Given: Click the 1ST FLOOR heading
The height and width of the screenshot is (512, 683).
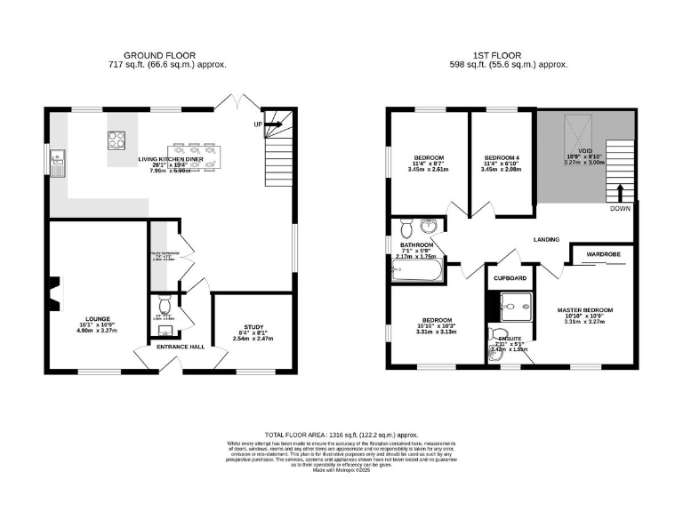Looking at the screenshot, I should pyautogui.click(x=510, y=55).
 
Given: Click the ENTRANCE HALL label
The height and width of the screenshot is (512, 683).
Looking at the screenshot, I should pyautogui.click(x=181, y=347).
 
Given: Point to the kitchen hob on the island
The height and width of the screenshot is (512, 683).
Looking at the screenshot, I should pyautogui.click(x=117, y=140).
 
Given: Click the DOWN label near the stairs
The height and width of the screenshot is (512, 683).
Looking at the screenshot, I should pyautogui.click(x=621, y=208).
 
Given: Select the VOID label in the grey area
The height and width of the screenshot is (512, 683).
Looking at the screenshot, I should pyautogui.click(x=584, y=150).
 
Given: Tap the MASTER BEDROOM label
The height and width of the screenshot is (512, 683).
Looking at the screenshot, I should pyautogui.click(x=584, y=310).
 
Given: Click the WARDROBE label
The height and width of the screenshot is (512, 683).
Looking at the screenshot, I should pyautogui.click(x=604, y=253).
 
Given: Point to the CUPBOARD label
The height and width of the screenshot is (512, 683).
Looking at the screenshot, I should pyautogui.click(x=510, y=277).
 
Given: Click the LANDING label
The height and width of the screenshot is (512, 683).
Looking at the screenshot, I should pyautogui.click(x=546, y=239).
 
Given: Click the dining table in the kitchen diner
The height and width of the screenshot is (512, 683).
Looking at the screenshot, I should pyautogui.click(x=195, y=156).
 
